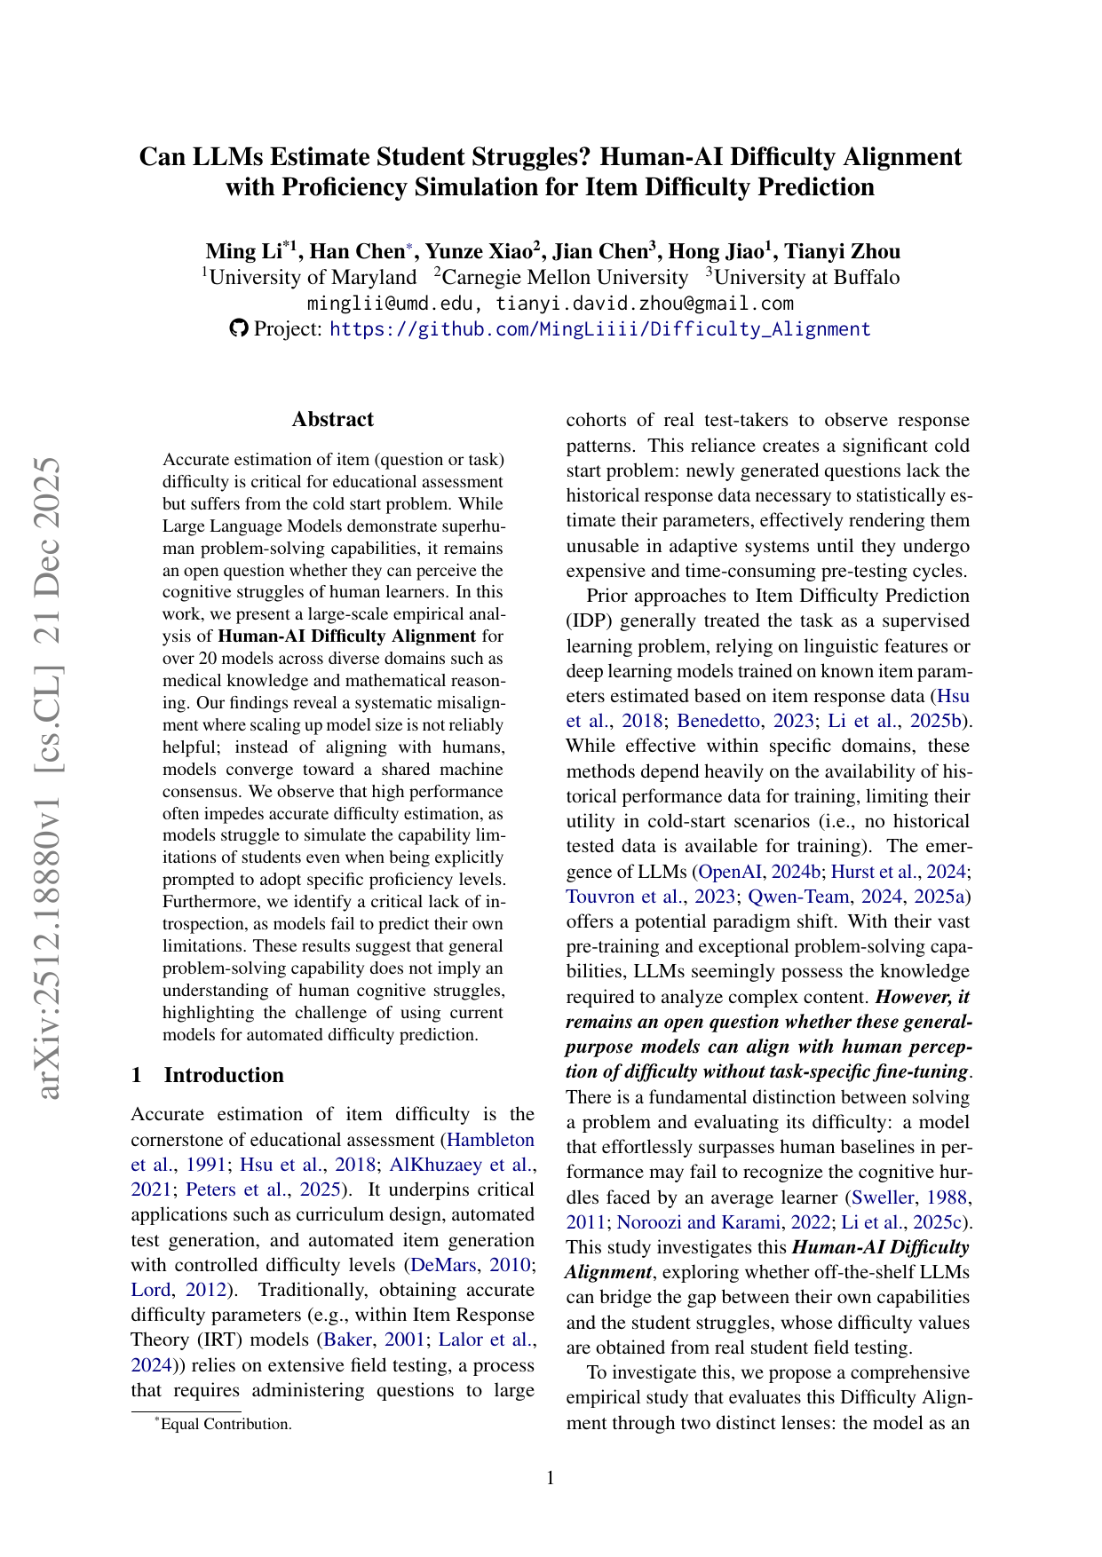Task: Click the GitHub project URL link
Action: (x=599, y=329)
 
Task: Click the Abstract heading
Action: (x=333, y=420)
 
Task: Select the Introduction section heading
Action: (x=224, y=1075)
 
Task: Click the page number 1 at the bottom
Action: (x=551, y=1477)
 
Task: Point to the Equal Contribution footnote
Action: (x=226, y=1424)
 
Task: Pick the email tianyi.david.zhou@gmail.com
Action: (x=644, y=304)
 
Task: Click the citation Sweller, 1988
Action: (x=909, y=1197)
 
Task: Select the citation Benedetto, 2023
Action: (x=742, y=721)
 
